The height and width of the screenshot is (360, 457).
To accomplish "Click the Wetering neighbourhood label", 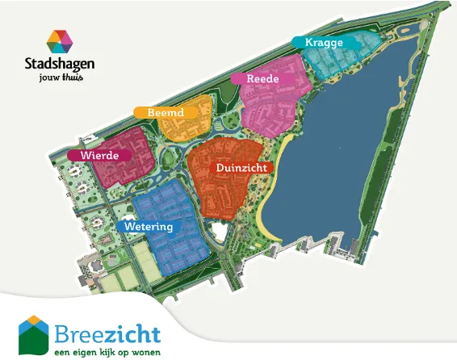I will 146,227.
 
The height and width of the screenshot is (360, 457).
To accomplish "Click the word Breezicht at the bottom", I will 108,333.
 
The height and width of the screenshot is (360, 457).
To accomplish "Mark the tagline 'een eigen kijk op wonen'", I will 107,352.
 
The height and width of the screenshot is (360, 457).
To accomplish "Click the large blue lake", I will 339,161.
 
